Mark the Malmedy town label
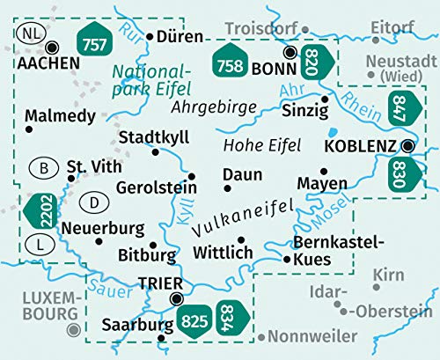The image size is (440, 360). [x=55, y=115]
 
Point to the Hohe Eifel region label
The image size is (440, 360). [x=262, y=144]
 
